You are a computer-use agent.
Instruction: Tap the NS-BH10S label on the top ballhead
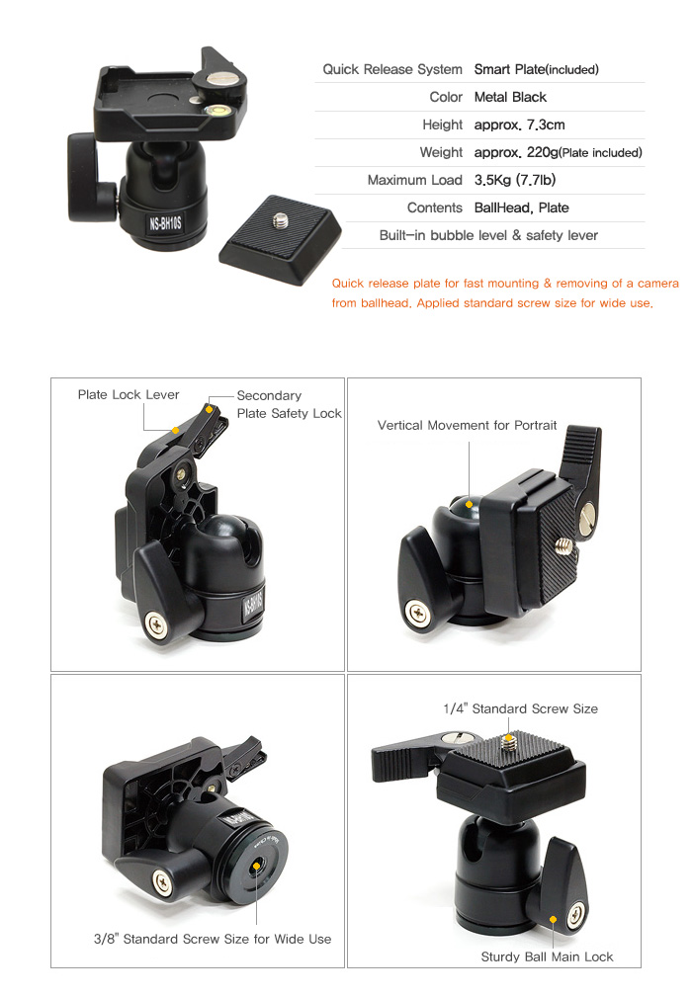tap(165, 223)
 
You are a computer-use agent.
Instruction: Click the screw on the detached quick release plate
tap(280, 220)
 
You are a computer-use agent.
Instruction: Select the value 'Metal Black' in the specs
tap(510, 97)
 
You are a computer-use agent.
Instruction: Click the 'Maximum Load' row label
tap(414, 181)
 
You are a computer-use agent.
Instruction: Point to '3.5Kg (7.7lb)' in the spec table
tap(515, 181)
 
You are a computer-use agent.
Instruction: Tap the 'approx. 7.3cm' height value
tap(519, 125)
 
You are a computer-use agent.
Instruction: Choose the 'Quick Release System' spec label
tap(392, 70)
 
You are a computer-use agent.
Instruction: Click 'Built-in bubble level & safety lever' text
tap(488, 235)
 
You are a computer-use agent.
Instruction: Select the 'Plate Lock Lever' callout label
tap(129, 395)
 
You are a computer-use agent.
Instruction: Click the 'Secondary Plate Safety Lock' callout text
tap(289, 405)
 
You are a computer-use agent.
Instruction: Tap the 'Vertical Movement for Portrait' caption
tap(467, 426)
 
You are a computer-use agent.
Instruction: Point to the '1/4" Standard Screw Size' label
tap(520, 708)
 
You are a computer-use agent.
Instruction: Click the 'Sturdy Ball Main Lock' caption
tap(547, 957)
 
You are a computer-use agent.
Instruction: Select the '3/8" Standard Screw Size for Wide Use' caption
tap(213, 940)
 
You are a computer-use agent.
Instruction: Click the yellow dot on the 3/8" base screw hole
tap(257, 866)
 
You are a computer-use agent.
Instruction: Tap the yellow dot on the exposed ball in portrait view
tap(469, 504)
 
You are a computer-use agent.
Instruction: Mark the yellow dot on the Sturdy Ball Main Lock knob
tap(553, 919)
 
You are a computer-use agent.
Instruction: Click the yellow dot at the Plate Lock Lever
tap(175, 431)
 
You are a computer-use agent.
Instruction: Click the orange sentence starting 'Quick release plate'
tap(504, 293)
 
